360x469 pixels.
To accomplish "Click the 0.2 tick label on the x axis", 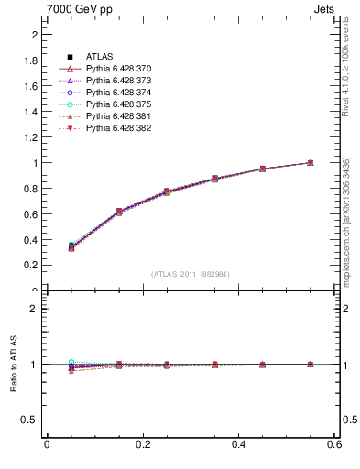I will point(143,446).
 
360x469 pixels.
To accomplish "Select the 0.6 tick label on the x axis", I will point(335,446).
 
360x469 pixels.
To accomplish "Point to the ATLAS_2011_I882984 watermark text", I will point(191,274).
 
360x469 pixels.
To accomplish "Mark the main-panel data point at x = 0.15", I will point(118,212).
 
